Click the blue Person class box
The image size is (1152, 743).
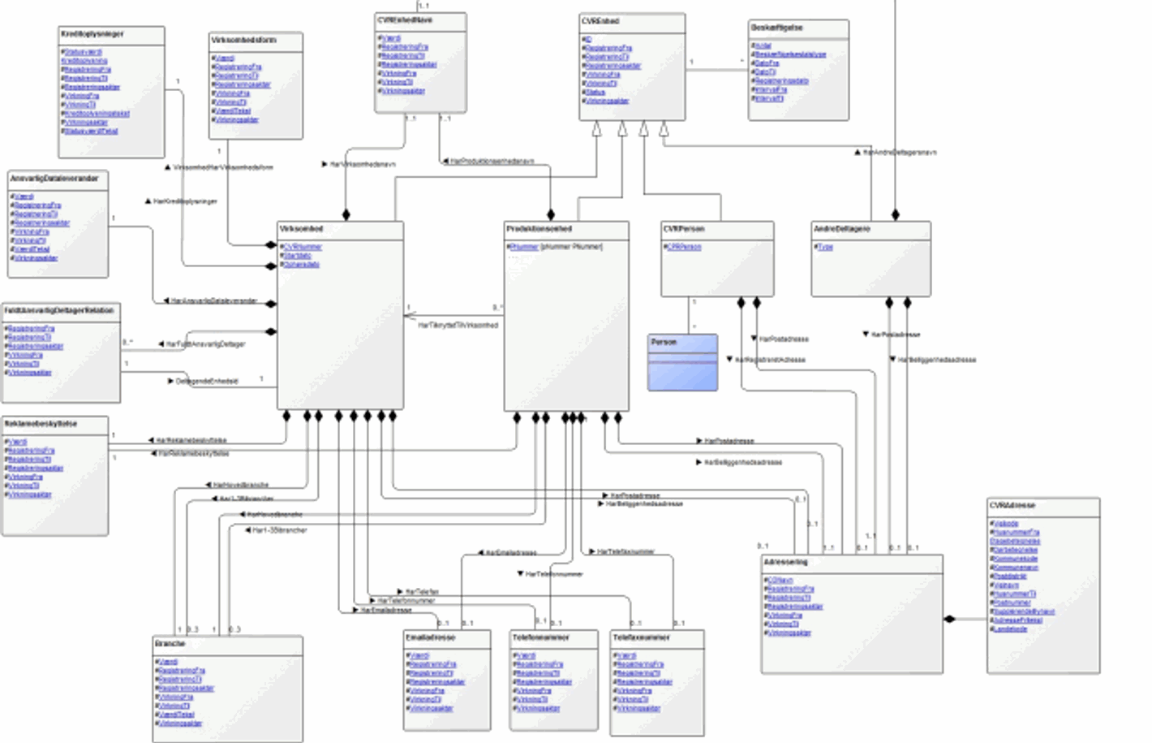[682, 362]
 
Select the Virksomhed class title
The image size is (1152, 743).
[301, 229]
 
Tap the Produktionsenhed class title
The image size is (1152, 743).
[539, 229]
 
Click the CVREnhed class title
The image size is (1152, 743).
[600, 21]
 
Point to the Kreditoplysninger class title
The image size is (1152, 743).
[92, 34]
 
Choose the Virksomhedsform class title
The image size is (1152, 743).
[243, 40]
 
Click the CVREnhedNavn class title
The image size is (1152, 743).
[405, 19]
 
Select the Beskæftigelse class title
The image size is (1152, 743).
[777, 28]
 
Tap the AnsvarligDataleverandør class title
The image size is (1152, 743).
[54, 179]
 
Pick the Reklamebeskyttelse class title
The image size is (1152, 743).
[41, 424]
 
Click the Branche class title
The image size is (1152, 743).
[170, 644]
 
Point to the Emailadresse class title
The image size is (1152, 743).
[431, 637]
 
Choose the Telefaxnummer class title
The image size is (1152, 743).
[642, 637]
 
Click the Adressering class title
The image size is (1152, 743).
[785, 562]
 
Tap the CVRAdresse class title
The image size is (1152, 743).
[1012, 505]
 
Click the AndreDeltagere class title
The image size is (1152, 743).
[842, 229]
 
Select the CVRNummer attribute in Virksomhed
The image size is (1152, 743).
[303, 247]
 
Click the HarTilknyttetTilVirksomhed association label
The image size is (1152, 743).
[458, 325]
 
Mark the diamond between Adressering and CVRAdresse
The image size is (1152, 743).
[950, 620]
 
